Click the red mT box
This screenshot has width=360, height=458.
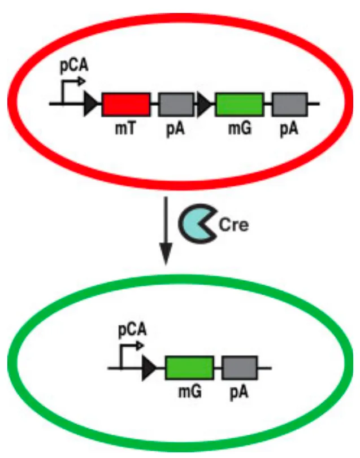coord(126,104)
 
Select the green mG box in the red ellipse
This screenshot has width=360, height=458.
coord(240,104)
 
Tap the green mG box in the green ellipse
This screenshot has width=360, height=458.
coord(189,368)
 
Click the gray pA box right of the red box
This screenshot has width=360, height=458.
coord(176,104)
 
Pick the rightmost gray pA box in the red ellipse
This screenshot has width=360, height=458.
coord(290,104)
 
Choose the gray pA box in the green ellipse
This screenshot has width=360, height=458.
coord(240,368)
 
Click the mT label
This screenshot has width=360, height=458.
coord(125,128)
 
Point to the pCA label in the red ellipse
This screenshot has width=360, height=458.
coord(74,66)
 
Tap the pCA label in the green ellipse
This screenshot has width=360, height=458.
coord(132,330)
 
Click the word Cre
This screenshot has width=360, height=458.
coord(234,225)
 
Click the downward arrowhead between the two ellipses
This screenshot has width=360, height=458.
coord(166,254)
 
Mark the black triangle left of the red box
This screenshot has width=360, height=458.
coord(90,104)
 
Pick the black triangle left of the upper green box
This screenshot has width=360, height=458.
coord(204,104)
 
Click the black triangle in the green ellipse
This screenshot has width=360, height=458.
coord(149,368)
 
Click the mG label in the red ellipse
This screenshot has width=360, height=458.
coord(240,128)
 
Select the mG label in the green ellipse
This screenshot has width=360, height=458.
coord(190,391)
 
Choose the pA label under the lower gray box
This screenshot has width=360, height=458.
coord(239,392)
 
